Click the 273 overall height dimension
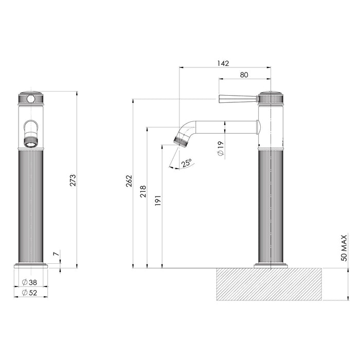click(x=73, y=181)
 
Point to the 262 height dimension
click(x=129, y=181)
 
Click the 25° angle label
click(x=186, y=163)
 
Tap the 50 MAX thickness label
click(x=344, y=248)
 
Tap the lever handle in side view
click(x=238, y=98)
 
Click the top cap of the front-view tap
click(x=31, y=96)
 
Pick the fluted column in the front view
click(x=31, y=206)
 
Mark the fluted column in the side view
click(x=270, y=206)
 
